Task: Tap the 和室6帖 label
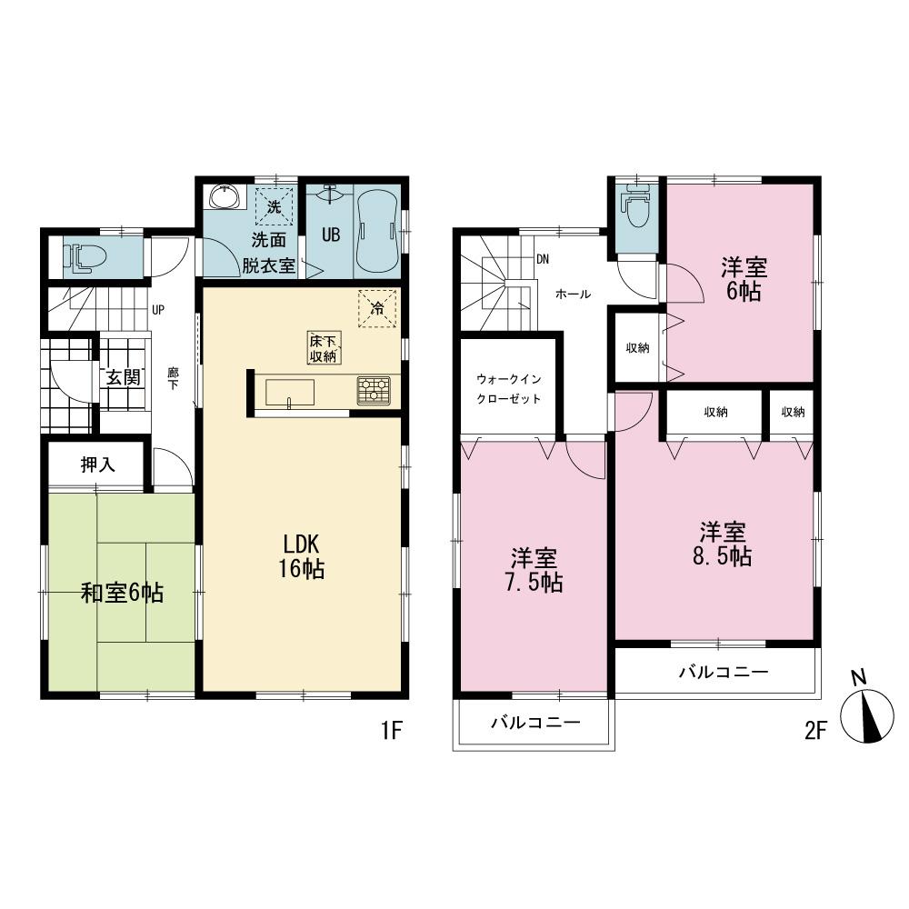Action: (x=122, y=594)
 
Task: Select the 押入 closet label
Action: (x=97, y=465)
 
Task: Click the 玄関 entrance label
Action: (x=122, y=377)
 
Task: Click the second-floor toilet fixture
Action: (x=637, y=209)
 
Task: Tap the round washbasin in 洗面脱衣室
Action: (x=223, y=197)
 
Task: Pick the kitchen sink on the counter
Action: (x=290, y=393)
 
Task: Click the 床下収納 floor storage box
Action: (x=323, y=349)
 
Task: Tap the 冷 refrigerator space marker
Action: (x=376, y=308)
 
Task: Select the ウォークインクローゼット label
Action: (x=508, y=388)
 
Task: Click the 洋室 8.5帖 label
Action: (x=724, y=544)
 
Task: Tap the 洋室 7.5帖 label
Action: (x=534, y=570)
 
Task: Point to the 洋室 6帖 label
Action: (x=744, y=279)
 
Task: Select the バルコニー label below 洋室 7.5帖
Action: (x=534, y=723)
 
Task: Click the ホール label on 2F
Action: (x=573, y=294)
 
